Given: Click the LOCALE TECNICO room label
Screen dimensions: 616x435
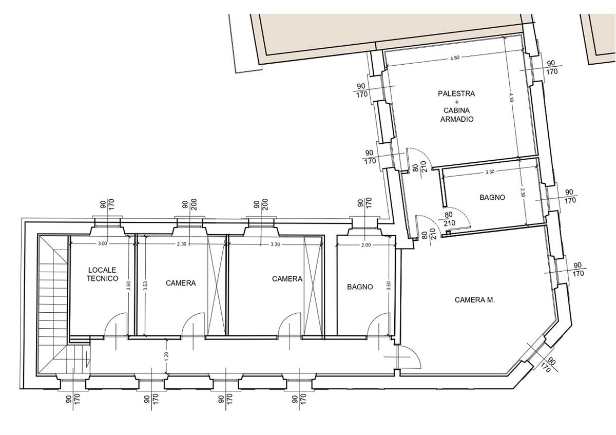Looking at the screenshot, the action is coord(102,274).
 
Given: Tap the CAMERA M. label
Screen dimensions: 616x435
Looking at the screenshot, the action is coord(475,300).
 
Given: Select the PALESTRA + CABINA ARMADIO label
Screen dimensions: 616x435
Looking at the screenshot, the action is coord(456,106).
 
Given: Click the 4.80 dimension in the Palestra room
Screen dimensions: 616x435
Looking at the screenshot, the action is coord(454,58).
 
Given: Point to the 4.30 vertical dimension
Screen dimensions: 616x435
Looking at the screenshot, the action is coord(511,98).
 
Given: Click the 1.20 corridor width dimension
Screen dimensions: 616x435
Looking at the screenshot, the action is coord(167,356).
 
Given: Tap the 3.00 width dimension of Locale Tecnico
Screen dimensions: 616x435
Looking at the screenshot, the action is coord(102,243).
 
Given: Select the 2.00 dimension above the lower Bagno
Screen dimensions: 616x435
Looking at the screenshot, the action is coord(366,245).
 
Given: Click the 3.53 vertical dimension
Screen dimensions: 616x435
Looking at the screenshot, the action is coord(145,286).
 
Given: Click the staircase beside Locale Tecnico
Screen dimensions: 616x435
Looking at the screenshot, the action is coord(53,306).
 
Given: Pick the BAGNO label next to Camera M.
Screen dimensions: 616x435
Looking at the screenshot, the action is coord(360,287).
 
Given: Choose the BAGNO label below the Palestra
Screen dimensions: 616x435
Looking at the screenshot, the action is coord(492,197).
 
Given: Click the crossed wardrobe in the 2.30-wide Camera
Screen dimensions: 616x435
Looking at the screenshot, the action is coord(217,286).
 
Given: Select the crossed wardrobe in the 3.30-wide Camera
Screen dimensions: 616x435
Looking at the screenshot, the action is coord(313,286).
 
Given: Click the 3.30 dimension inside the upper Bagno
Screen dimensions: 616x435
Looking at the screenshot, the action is coord(490,172).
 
